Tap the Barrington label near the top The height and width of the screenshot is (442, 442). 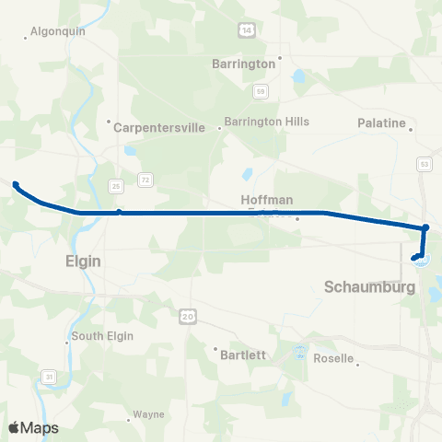point(243,64)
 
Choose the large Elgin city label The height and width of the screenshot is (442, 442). point(83,261)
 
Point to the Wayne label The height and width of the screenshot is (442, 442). point(148,414)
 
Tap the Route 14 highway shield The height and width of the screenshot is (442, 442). point(245,30)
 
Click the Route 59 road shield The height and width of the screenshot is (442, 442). point(262,90)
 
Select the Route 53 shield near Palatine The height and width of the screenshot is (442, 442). point(425,163)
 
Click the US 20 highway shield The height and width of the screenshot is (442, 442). point(188,316)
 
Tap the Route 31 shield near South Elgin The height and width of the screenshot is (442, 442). point(48,376)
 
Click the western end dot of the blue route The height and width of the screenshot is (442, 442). point(16,184)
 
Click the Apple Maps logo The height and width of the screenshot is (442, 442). point(33,427)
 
